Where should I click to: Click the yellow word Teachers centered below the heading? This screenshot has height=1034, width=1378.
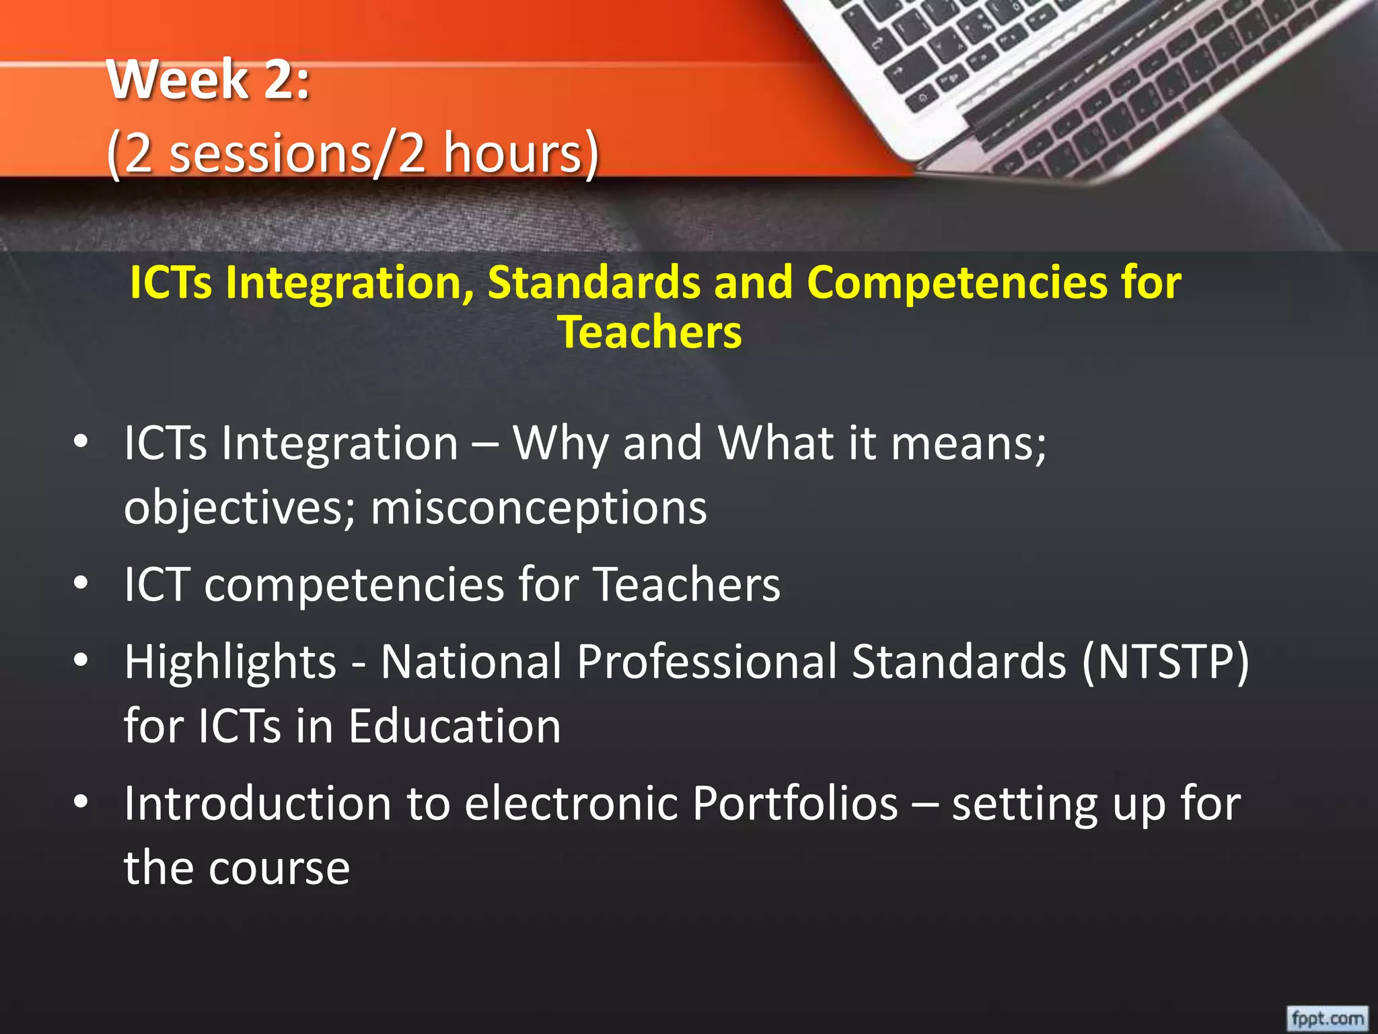click(650, 333)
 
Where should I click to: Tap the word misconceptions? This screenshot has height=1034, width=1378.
click(539, 508)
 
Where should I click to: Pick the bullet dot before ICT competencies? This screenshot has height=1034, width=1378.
click(81, 584)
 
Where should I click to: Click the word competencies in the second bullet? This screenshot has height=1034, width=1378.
click(354, 584)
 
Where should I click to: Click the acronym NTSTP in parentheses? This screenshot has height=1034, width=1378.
click(1165, 662)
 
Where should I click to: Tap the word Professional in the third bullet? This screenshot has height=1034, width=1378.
click(706, 662)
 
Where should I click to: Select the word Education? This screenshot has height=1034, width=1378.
click(455, 726)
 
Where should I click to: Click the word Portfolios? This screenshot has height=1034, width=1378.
click(795, 804)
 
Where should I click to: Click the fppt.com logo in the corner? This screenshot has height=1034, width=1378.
click(1327, 1018)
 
